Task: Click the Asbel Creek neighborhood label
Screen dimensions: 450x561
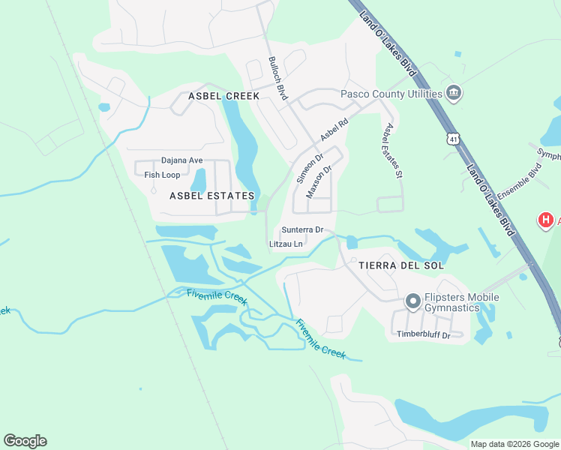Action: click(223, 96)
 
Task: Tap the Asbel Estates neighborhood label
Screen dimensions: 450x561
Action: click(212, 196)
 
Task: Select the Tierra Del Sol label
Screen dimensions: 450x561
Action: click(401, 265)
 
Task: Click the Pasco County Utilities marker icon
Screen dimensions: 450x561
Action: click(453, 94)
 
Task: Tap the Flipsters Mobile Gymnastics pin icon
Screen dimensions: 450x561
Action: click(412, 301)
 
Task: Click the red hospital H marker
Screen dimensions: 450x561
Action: click(546, 220)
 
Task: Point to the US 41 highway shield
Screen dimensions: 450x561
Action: click(451, 139)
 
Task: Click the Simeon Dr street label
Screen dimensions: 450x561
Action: click(309, 169)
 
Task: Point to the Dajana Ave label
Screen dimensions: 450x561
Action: click(182, 160)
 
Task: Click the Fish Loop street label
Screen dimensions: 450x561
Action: click(162, 175)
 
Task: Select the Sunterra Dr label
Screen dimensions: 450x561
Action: click(302, 229)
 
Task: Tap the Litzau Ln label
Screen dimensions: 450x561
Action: click(286, 244)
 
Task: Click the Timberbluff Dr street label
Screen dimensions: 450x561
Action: click(424, 335)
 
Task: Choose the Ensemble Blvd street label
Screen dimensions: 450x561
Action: click(514, 182)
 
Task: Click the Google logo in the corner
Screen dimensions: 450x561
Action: click(25, 440)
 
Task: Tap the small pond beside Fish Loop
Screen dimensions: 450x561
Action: click(199, 179)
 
